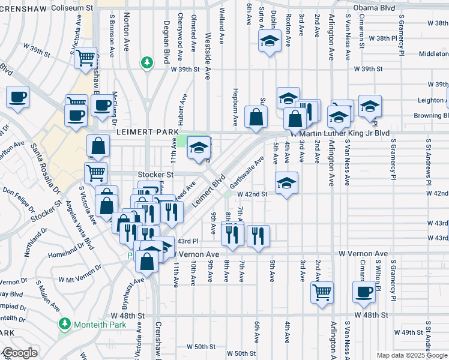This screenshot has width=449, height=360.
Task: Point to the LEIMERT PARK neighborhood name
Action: tap(140, 131)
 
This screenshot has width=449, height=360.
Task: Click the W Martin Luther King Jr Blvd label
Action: tap(340, 133)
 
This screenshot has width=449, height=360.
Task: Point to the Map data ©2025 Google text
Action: tap(412, 355)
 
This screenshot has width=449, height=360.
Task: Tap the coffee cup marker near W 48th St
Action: tap(363, 292)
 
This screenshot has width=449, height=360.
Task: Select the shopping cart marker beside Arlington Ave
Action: tap(322, 292)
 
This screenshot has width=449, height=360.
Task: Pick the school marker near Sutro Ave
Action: tap(270, 41)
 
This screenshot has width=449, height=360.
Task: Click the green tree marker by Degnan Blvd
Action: tap(146, 62)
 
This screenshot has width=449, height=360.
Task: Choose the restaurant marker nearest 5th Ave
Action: tap(259, 235)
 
